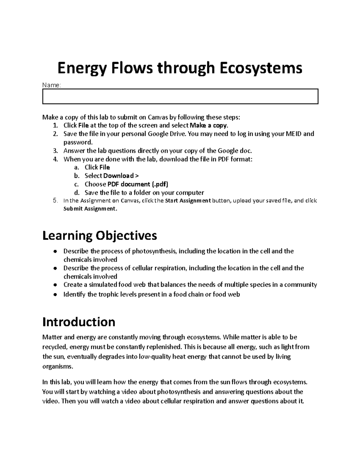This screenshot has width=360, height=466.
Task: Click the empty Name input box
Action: point(180,96)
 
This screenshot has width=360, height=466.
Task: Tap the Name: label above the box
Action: point(52,86)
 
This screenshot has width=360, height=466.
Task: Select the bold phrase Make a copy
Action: point(209,125)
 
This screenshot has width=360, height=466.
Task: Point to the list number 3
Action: point(55,151)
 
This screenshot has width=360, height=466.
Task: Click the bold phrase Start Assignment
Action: point(188,201)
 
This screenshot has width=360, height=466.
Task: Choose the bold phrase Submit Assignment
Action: point(89,209)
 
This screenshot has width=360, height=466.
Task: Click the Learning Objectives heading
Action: point(100,236)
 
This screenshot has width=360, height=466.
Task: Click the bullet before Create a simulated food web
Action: point(55,285)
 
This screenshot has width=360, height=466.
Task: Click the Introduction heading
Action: point(79,322)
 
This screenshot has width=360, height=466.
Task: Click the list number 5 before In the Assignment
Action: point(55,200)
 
